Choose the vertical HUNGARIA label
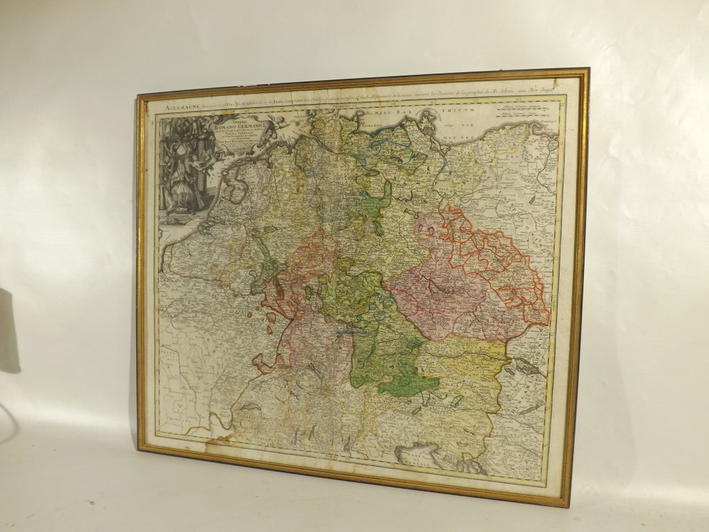[551, 307]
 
